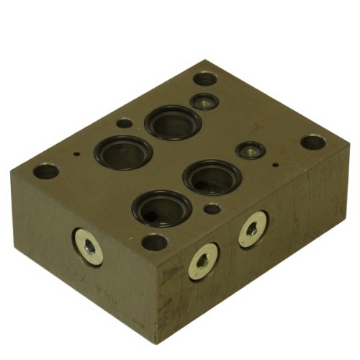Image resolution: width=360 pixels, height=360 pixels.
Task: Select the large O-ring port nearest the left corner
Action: [x=123, y=152]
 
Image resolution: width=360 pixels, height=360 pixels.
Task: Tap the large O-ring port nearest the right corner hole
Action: [x=212, y=176]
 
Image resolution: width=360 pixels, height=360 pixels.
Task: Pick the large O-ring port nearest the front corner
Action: [x=161, y=208]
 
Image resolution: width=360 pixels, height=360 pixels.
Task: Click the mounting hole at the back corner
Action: [x=205, y=78]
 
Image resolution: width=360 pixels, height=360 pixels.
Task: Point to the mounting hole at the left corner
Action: [x=46, y=171]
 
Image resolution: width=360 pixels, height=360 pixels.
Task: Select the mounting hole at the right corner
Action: [x=312, y=142]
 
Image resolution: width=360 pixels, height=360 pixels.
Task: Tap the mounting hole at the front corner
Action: [x=154, y=242]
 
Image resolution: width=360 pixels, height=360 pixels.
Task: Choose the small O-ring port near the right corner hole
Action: [x=251, y=150]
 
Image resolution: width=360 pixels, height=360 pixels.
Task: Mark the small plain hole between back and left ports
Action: [x=125, y=122]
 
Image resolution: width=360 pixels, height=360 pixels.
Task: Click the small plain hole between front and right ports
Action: [x=212, y=209]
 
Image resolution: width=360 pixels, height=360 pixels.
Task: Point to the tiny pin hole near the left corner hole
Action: [x=77, y=152]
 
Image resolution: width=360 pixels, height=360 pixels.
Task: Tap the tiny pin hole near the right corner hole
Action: [x=276, y=164]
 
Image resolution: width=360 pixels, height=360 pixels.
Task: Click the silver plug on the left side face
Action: [x=89, y=246]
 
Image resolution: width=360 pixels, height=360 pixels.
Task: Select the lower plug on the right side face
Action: [x=203, y=261]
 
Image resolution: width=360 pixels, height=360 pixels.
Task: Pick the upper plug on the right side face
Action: [x=252, y=230]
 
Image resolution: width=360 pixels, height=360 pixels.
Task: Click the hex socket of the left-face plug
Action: [x=89, y=247]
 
